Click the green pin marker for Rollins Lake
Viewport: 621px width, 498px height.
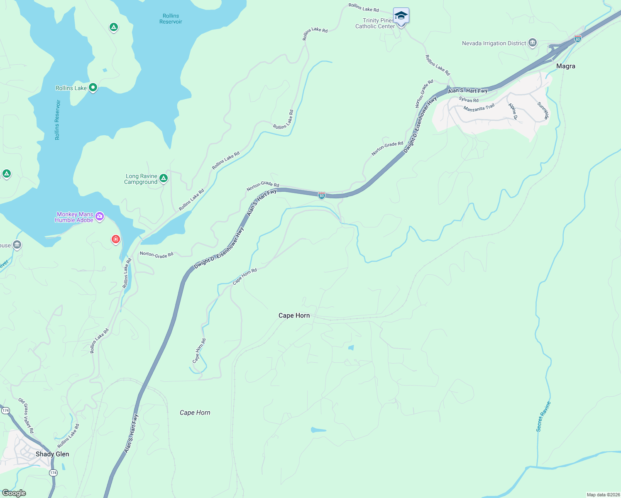coord(93,88)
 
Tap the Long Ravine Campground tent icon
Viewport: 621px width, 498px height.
coord(164,178)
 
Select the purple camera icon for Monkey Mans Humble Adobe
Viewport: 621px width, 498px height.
coord(99,216)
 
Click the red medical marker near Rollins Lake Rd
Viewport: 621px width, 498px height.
coord(116,239)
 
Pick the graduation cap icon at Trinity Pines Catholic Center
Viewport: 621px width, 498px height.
coord(401,16)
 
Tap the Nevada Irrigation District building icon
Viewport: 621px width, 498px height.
coord(533,43)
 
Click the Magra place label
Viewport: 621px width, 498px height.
coord(565,66)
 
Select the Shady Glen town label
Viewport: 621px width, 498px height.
coord(52,454)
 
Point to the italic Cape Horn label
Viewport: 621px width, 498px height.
coord(195,413)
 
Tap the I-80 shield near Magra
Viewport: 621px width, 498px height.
coord(577,39)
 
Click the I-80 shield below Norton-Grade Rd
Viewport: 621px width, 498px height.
coord(322,195)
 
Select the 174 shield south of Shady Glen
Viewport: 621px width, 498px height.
coord(53,473)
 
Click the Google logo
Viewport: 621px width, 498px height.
coord(14,493)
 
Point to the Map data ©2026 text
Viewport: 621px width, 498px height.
coord(603,495)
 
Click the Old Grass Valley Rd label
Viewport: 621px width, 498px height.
coord(26,415)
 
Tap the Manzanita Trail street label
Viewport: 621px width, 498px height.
coord(479,108)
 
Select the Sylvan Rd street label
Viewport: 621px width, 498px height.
coord(468,100)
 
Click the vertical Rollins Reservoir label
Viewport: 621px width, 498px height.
coord(57,120)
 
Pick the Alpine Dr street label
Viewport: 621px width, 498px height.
coord(513,111)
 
